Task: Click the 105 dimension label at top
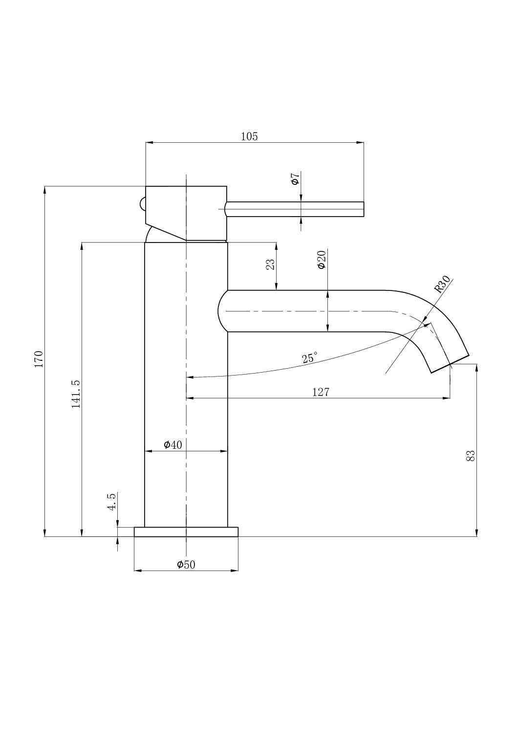point(249,136)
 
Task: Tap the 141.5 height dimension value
point(76,393)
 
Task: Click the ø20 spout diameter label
point(322,260)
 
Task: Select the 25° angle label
point(309,357)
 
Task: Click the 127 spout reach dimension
point(321,392)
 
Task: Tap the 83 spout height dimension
point(471,456)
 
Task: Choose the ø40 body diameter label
point(172,444)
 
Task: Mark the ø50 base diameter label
point(186,565)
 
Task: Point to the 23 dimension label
point(270,264)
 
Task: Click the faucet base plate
point(186,532)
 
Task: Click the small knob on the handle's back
point(142,203)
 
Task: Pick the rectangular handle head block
point(195,210)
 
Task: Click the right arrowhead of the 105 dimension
point(360,143)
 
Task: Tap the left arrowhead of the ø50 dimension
point(138,571)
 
